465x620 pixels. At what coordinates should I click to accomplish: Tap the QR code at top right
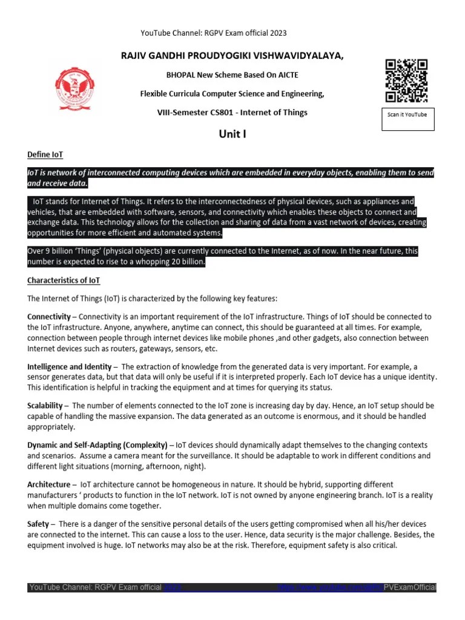point(406,81)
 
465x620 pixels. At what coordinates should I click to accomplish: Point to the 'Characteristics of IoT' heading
point(64,281)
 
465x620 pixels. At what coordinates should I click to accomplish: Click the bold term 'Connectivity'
point(49,317)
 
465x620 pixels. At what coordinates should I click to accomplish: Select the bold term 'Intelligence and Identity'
point(70,367)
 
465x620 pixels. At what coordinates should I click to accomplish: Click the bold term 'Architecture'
point(49,484)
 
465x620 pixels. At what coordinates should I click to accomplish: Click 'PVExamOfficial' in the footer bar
point(410,588)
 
